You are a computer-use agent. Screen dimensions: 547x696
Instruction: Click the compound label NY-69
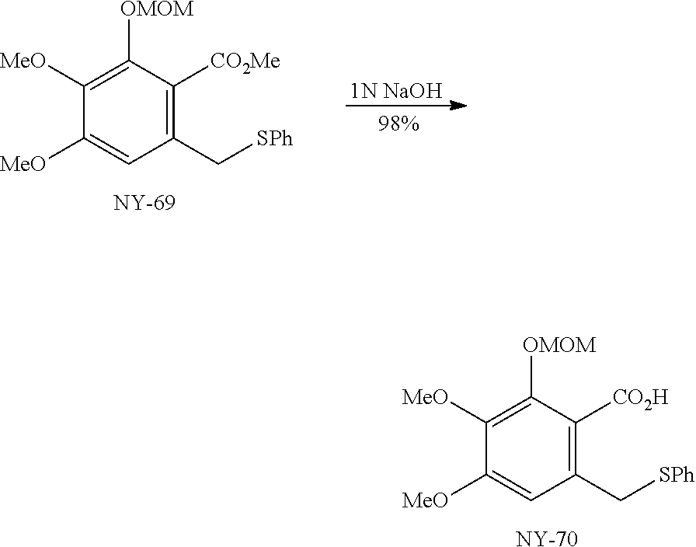(x=145, y=205)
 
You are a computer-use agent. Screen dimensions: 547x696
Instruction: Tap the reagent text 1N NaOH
(x=396, y=92)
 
